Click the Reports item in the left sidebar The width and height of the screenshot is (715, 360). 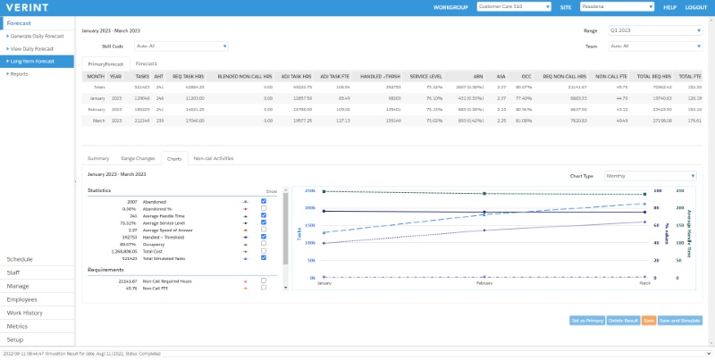coord(19,74)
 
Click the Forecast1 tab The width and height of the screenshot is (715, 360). coord(146,63)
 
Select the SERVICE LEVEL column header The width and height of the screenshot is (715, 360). coord(425,77)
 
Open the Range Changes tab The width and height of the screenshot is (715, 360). coord(139,158)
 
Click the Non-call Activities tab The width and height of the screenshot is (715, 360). coord(213,158)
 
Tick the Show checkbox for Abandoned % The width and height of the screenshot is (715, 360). coord(263,208)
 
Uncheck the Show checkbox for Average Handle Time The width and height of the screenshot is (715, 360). coord(263,215)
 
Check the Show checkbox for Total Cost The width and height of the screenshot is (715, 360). coord(263,251)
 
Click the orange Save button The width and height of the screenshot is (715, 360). coord(649,320)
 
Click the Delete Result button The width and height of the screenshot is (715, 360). coord(623,320)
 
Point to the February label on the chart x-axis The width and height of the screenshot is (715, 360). coord(484,282)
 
